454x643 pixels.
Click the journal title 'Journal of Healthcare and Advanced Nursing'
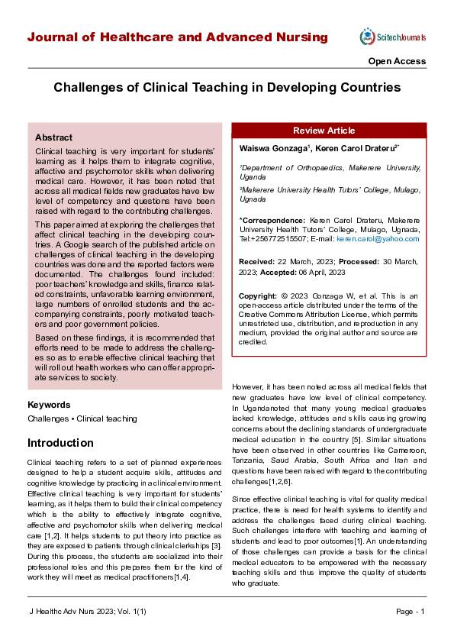(177, 37)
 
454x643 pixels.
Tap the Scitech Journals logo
(392, 37)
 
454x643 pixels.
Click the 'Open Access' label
(397, 61)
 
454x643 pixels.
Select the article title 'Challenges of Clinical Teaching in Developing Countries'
(227, 88)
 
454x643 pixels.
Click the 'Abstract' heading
(53, 137)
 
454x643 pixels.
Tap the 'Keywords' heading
(49, 405)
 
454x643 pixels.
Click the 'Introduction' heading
(60, 443)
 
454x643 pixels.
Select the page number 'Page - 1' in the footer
(410, 612)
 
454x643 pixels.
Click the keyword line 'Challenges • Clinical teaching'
(82, 418)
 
